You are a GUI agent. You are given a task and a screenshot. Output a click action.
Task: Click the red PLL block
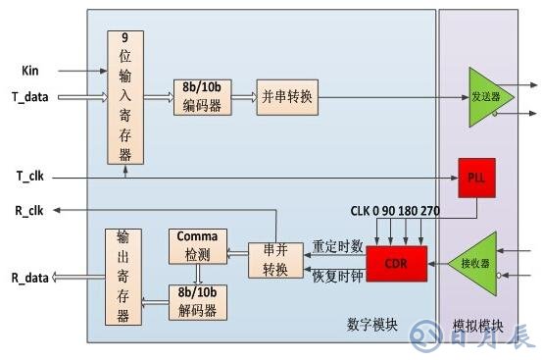pos(472,178)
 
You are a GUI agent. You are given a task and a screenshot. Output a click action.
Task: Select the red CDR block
pos(398,262)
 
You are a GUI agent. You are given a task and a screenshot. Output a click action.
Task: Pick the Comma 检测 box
pos(198,246)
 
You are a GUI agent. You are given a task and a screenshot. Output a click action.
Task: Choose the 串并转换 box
pos(275,261)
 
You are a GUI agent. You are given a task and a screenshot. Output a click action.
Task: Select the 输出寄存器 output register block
pos(123,277)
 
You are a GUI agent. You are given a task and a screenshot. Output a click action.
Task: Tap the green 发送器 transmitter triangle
pos(484,97)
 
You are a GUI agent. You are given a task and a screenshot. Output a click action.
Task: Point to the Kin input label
pos(30,71)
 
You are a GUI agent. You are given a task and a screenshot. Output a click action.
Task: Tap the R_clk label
pos(30,210)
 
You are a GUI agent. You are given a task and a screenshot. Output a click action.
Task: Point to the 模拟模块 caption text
pos(477,325)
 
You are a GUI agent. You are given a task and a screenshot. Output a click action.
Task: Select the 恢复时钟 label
pos(337,276)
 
